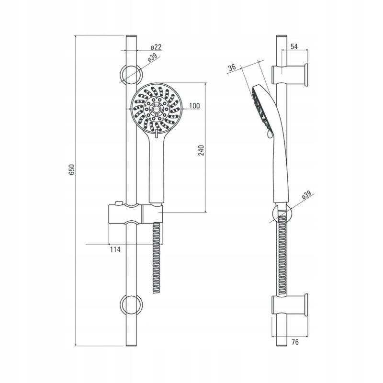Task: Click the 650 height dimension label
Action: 71,169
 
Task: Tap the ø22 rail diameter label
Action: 156,47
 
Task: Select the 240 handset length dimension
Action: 201,150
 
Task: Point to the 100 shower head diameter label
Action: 194,106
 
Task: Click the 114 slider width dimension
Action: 115,249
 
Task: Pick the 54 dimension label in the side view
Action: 294,46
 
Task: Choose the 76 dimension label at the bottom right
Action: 295,342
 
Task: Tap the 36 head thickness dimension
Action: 232,68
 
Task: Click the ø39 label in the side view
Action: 307,195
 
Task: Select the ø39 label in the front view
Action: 152,58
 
